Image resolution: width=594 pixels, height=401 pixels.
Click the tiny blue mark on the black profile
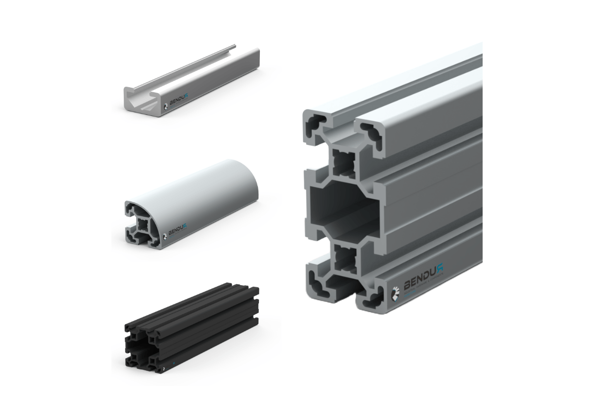[172, 362]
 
